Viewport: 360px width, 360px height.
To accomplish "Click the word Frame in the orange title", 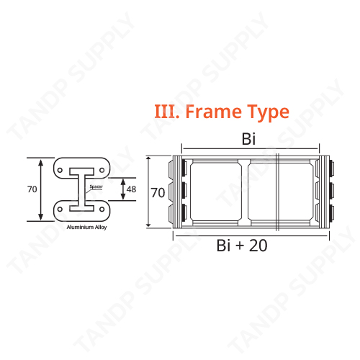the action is point(214,112).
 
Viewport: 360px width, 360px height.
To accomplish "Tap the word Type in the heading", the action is point(268,113).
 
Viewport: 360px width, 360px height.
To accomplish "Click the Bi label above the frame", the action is point(248,139).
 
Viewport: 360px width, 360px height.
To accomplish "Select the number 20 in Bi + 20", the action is point(258,246).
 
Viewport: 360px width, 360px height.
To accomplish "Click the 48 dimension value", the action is point(131,189).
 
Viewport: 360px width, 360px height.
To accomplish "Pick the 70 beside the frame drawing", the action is point(158,192).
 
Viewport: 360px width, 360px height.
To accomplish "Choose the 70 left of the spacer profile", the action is point(32,189).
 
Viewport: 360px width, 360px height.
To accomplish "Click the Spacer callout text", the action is point(96,186).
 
